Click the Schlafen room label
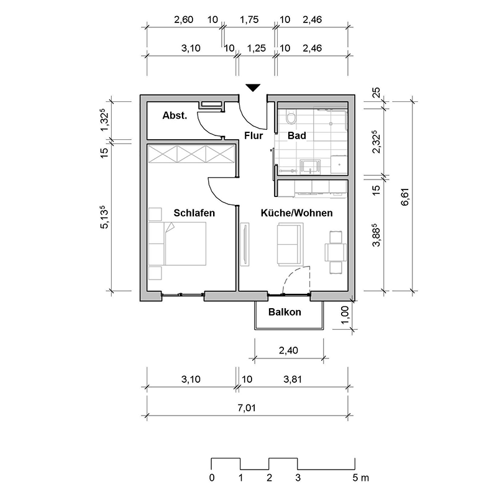194,212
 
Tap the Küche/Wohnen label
297,212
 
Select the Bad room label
297,135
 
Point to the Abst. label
175,116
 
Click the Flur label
253,135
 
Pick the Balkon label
285,312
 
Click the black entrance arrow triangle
253,88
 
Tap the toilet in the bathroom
290,116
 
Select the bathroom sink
310,166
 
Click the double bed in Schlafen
178,244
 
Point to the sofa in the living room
290,244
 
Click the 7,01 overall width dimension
247,408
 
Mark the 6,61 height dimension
406,197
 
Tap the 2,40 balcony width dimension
288,350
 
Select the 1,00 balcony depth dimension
345,314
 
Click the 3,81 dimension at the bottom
293,379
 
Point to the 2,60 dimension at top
183,20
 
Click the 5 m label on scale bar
361,478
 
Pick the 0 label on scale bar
212,478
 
